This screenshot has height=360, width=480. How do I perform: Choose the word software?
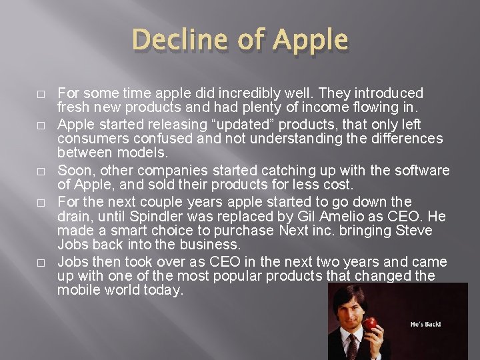tap(423, 171)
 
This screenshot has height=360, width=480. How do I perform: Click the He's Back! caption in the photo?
tap(425, 325)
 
